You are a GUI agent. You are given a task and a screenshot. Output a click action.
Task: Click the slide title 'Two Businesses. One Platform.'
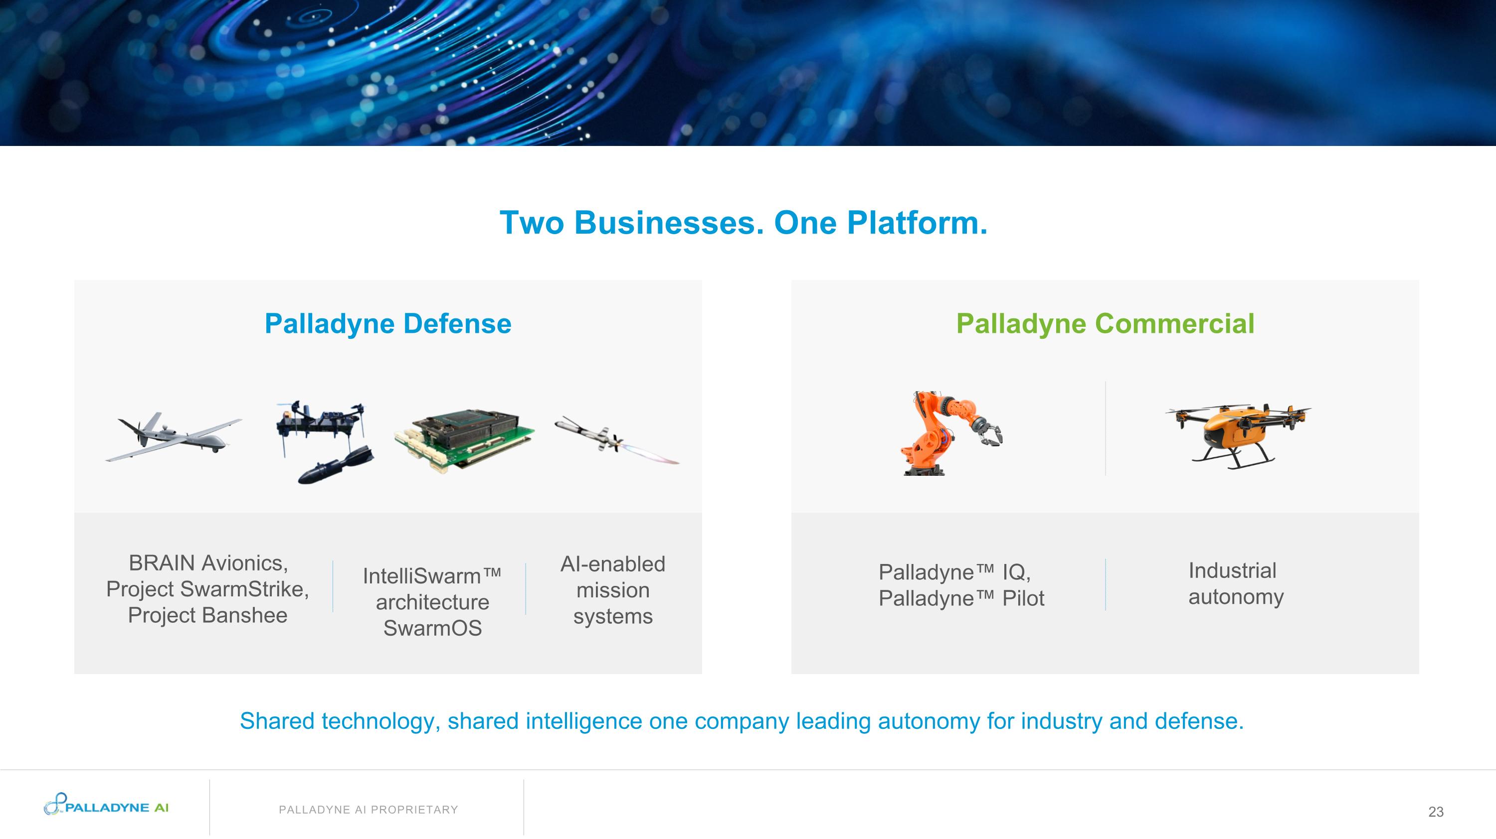point(744,223)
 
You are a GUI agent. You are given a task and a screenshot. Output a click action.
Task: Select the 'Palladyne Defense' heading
point(388,324)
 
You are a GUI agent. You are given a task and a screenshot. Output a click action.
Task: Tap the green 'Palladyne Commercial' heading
point(1105,324)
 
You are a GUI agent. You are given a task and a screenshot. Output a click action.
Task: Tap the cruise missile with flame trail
point(617,440)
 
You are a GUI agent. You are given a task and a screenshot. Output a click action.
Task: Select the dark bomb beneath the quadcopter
point(336,465)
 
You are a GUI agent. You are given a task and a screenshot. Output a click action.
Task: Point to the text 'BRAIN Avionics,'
point(208,563)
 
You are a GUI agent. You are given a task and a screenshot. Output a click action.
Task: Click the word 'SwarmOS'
point(433,628)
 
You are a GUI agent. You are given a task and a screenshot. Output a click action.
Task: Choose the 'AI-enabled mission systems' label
point(613,590)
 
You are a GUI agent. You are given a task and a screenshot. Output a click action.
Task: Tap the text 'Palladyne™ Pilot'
point(961,598)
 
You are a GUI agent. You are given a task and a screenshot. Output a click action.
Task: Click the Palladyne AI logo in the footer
point(106,804)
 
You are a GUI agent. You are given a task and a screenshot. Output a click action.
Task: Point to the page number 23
point(1436,812)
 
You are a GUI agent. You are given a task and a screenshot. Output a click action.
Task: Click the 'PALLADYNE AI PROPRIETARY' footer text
point(368,810)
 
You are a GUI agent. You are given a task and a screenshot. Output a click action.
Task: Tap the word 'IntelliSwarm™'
point(432,576)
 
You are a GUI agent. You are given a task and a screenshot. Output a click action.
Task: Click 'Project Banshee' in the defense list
point(207,615)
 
